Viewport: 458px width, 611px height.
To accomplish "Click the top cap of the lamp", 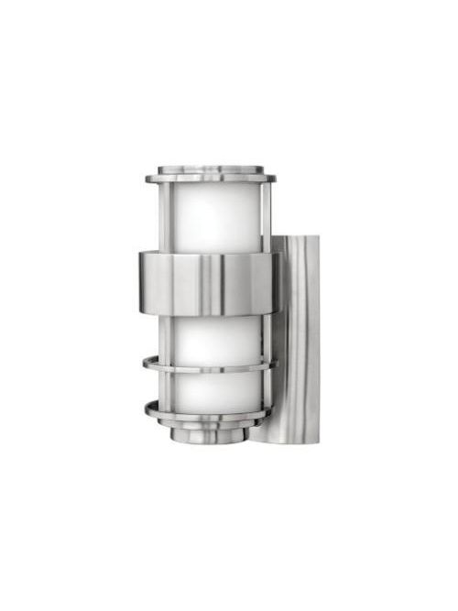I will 216,171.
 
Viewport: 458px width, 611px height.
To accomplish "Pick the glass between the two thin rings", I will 213,388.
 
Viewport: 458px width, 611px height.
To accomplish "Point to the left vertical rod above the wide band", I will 162,216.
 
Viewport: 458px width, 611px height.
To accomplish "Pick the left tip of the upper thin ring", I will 144,364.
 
